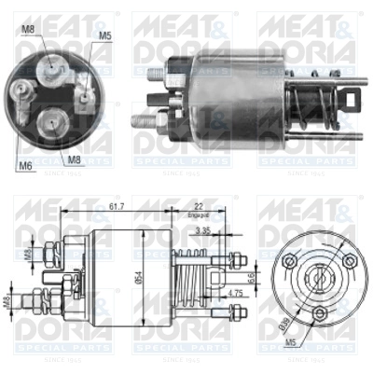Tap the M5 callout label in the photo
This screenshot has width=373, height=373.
104,36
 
